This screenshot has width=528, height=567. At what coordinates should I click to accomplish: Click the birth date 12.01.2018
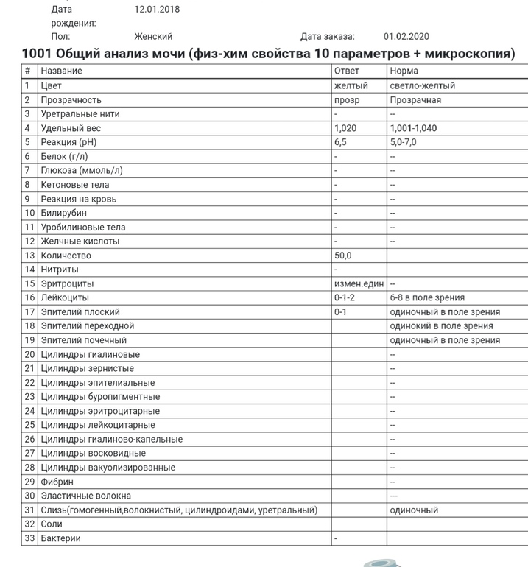point(156,10)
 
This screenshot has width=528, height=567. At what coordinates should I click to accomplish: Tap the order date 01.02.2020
point(406,36)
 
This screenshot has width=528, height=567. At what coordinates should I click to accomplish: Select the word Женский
point(152,36)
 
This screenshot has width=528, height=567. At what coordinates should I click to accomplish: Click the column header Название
point(61,71)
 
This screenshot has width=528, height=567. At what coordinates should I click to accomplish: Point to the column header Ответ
point(347,71)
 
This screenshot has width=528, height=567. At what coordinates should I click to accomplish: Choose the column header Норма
point(404,71)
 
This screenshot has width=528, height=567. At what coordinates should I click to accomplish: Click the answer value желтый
point(351,85)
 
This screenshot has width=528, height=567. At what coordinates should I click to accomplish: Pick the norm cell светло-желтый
point(422,85)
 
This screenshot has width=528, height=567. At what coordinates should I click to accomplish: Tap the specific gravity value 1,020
point(345,128)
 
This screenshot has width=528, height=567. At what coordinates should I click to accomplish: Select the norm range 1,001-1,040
point(413,128)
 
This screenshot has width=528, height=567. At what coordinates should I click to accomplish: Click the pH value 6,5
point(340,142)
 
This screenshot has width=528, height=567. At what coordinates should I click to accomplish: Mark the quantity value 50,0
point(342,256)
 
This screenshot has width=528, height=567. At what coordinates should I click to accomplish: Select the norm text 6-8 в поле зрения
point(427,297)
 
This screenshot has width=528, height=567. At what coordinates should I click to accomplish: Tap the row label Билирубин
point(63,213)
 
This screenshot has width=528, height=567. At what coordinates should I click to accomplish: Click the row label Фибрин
point(57,482)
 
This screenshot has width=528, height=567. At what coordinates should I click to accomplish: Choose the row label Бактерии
point(61,538)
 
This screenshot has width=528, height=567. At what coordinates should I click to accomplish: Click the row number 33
point(29,538)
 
